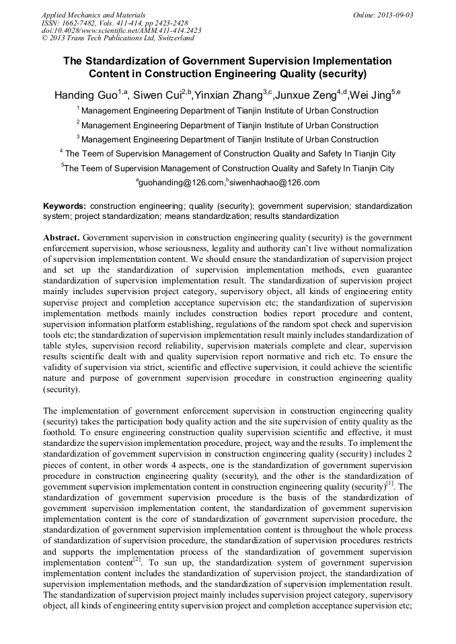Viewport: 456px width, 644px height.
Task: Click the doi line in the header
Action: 121,31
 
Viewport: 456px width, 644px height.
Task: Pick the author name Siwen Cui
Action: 156,95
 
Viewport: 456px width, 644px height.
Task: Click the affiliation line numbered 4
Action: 229,154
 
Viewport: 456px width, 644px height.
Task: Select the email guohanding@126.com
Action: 180,183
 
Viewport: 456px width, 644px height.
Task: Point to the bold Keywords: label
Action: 65,205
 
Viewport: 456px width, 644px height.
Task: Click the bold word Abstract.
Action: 62,238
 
